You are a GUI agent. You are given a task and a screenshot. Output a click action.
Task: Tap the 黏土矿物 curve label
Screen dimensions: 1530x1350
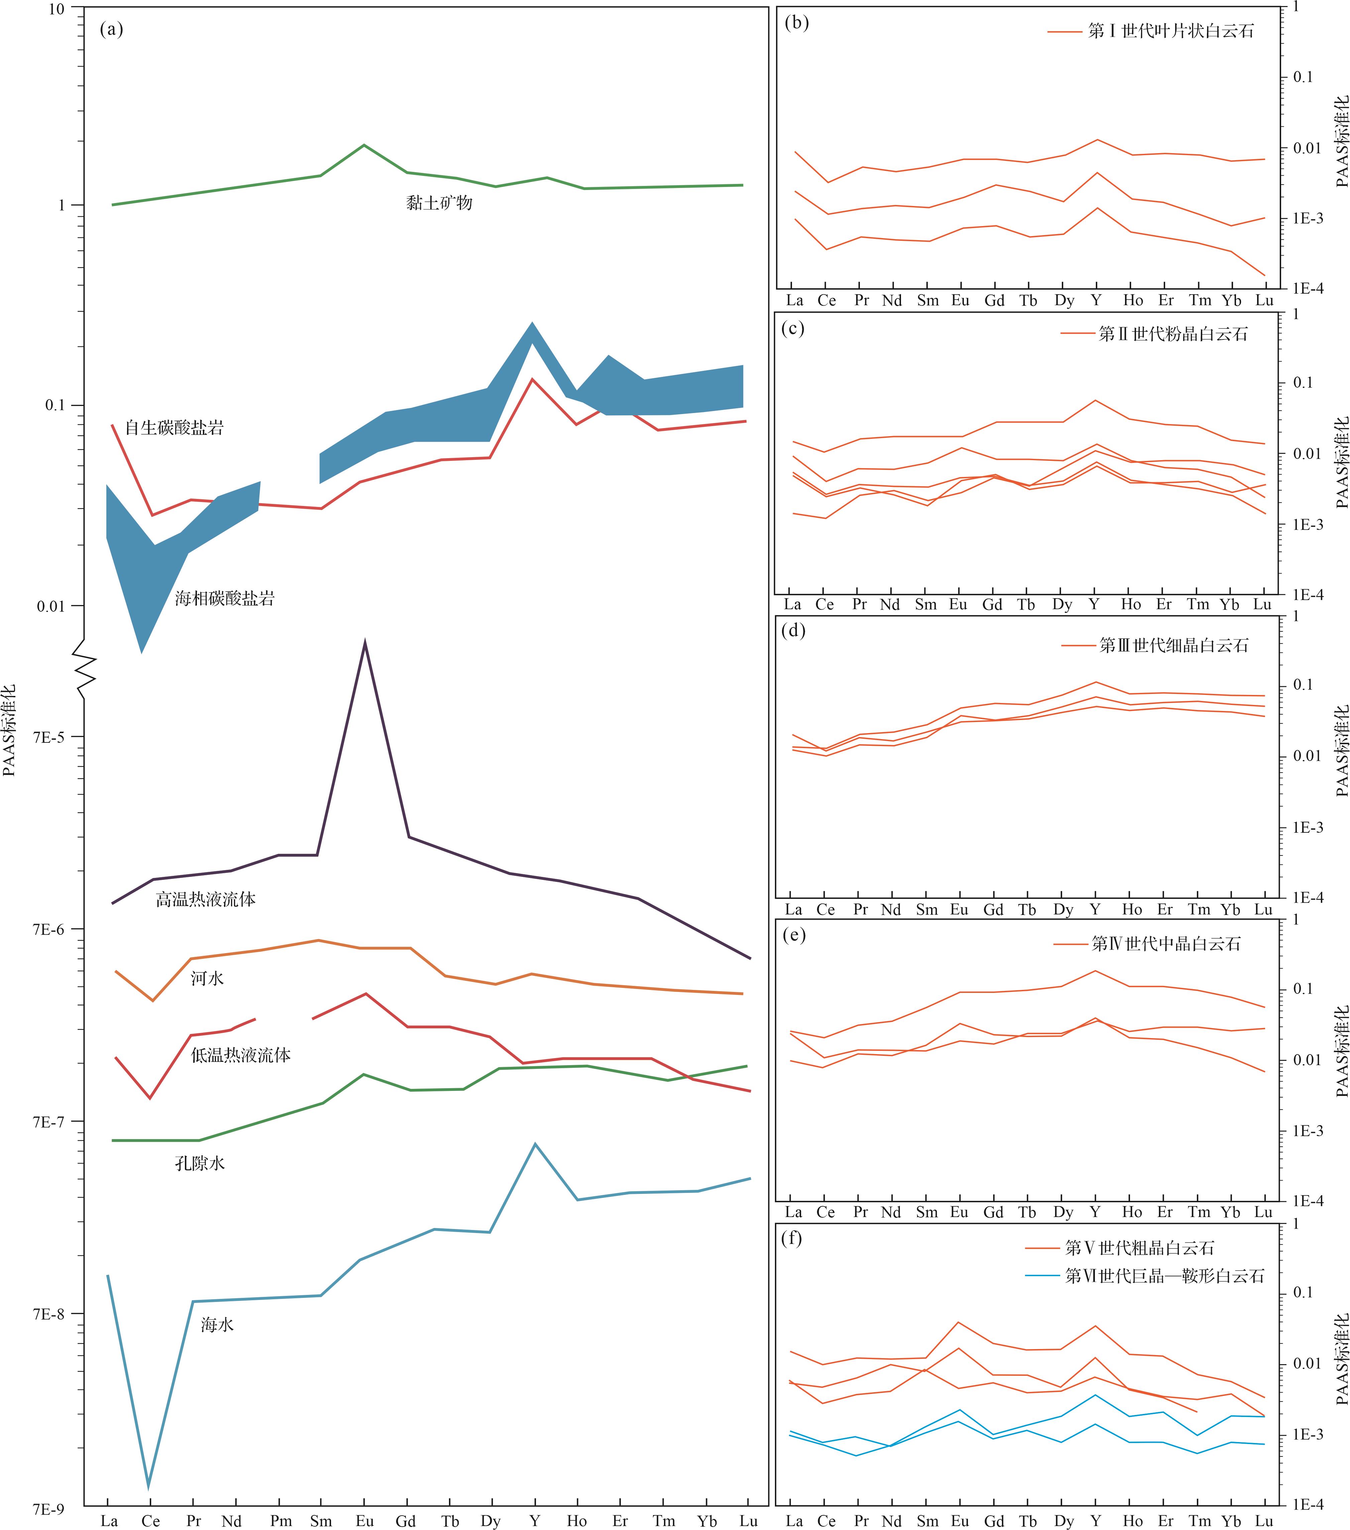439,203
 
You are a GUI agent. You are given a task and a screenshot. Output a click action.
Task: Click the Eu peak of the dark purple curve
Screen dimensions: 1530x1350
364,642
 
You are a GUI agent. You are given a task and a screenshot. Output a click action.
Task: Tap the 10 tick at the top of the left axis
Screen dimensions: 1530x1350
56,9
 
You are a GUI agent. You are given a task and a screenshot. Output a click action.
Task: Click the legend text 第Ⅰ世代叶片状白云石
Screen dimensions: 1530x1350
1170,31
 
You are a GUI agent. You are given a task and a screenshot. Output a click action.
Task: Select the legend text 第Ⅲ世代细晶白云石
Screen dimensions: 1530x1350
1173,645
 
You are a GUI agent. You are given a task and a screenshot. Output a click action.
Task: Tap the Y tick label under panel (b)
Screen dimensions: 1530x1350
1096,300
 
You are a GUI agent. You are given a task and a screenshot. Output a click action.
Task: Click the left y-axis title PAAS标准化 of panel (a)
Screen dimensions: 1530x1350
9,730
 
